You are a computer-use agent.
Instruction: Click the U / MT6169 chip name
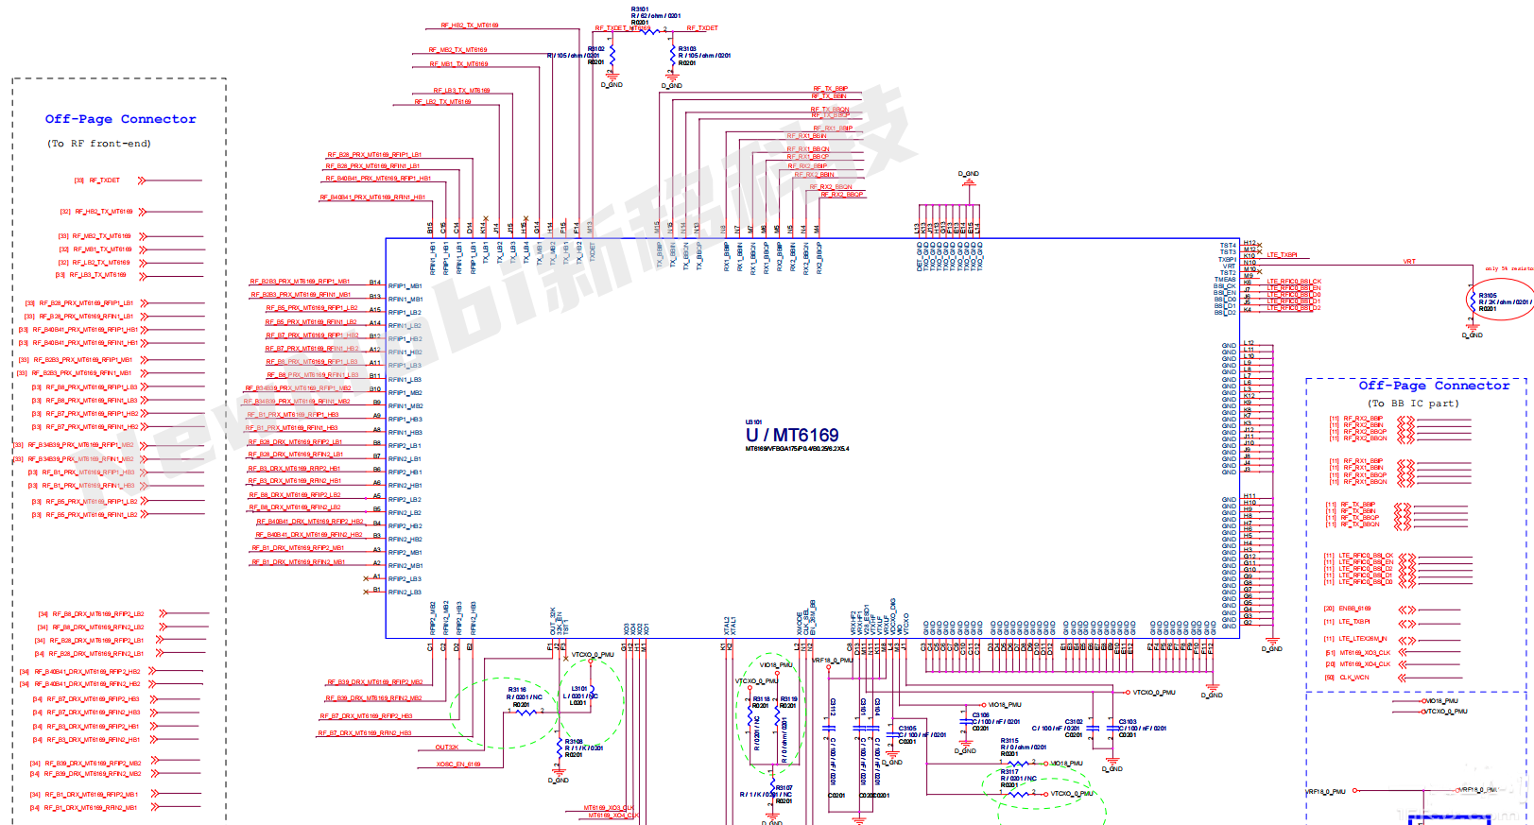(x=791, y=435)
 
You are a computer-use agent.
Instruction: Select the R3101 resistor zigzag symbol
(x=643, y=29)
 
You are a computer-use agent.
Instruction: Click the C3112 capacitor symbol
(x=828, y=729)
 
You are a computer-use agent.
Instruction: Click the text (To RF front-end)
(x=99, y=144)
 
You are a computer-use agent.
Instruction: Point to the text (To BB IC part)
(x=1413, y=404)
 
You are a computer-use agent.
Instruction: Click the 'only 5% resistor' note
(x=1508, y=268)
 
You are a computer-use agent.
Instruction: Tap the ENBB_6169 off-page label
(x=1354, y=609)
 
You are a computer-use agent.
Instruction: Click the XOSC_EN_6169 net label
(x=458, y=764)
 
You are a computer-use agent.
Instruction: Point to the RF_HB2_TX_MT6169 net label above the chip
(x=470, y=26)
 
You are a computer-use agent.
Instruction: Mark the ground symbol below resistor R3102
(x=612, y=82)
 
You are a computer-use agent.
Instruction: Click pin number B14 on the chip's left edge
(x=375, y=283)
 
